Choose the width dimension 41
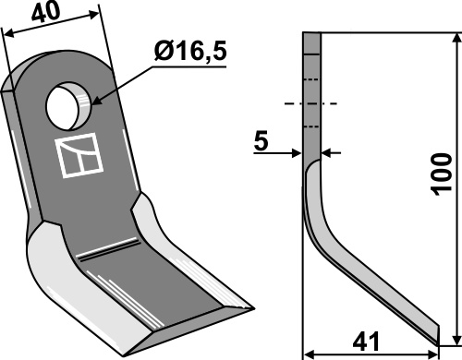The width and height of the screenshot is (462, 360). coord(369,338)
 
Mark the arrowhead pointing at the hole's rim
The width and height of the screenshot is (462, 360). coord(93,101)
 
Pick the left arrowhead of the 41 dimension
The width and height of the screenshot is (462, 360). coord(309,353)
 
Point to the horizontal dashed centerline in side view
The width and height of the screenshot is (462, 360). coord(313,103)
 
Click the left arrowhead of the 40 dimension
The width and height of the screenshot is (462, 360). coord(6,31)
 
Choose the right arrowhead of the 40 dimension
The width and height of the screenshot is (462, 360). coord(96,14)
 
